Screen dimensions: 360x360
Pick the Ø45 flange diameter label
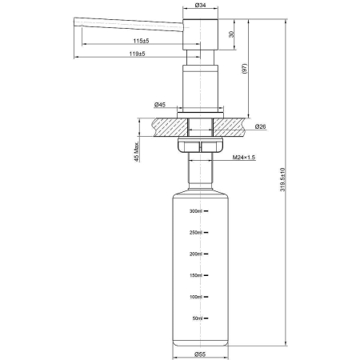(160, 104)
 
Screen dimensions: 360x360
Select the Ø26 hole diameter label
(260, 126)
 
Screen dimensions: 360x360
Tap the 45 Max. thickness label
(137, 152)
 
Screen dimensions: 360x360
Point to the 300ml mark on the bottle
(196, 211)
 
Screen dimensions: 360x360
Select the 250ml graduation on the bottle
(196, 233)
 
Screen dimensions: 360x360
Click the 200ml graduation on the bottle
(196, 254)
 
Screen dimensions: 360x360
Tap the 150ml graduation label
(196, 276)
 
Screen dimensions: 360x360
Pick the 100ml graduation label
(196, 297)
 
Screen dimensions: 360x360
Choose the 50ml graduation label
(197, 318)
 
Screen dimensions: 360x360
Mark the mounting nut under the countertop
(199, 146)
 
